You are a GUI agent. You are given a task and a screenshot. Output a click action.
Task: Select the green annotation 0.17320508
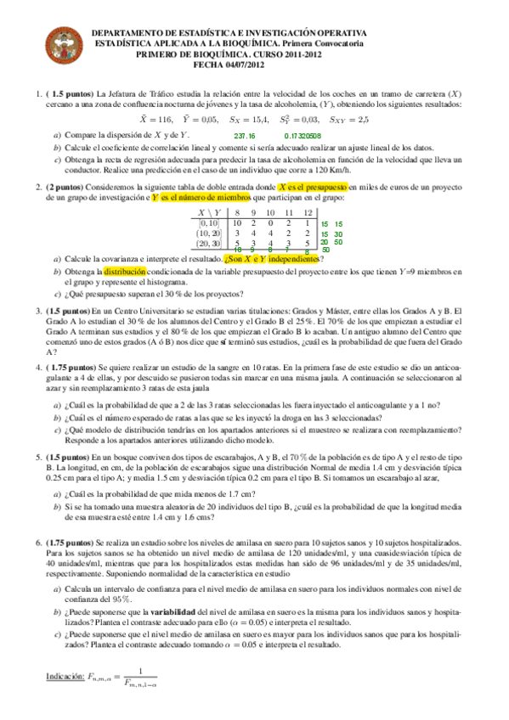[x=301, y=136]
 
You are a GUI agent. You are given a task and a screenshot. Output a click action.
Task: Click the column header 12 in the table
[x=307, y=211]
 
